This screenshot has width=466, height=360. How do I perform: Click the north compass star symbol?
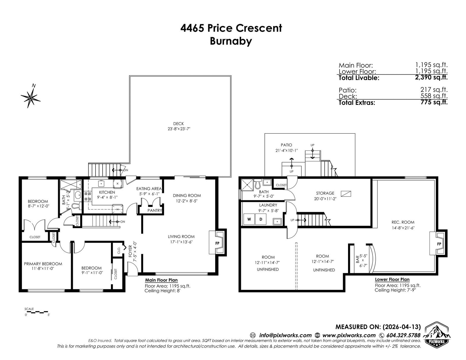click(31, 98)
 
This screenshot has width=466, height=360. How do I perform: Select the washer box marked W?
click(249, 219)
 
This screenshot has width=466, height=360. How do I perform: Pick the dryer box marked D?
click(261, 219)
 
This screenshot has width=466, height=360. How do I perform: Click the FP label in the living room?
click(217, 243)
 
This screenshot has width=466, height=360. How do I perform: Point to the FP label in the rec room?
click(439, 244)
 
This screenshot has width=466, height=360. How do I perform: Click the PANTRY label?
click(155, 210)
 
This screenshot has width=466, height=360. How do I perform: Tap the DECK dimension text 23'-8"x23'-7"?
click(179, 129)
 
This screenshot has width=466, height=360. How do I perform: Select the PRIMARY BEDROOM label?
click(43, 264)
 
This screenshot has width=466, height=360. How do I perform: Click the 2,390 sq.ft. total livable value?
click(431, 77)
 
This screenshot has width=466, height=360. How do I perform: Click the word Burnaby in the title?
click(231, 41)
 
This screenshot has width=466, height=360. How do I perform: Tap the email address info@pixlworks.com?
click(285, 335)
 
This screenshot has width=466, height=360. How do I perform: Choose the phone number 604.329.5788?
click(403, 335)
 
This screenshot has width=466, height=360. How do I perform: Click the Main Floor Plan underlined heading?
click(161, 280)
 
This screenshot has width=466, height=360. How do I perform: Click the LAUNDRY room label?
click(268, 205)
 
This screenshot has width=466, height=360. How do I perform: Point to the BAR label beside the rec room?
click(357, 260)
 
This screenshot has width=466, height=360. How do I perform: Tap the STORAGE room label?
click(325, 193)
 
